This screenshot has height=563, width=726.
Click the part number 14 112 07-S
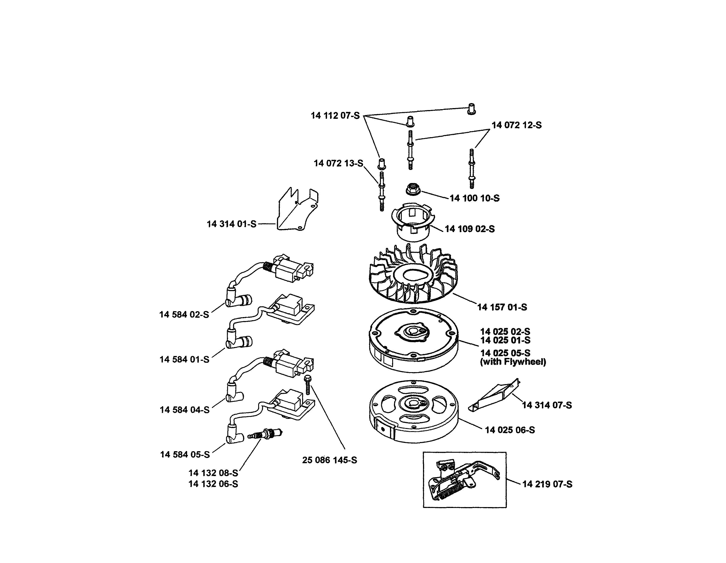335,116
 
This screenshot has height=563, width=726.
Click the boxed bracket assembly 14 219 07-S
464,480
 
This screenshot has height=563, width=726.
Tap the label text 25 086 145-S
329,460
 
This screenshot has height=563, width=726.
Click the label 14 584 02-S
184,314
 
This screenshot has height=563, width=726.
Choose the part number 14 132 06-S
213,484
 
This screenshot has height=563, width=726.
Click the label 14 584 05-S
185,454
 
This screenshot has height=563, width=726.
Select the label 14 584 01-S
184,359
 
